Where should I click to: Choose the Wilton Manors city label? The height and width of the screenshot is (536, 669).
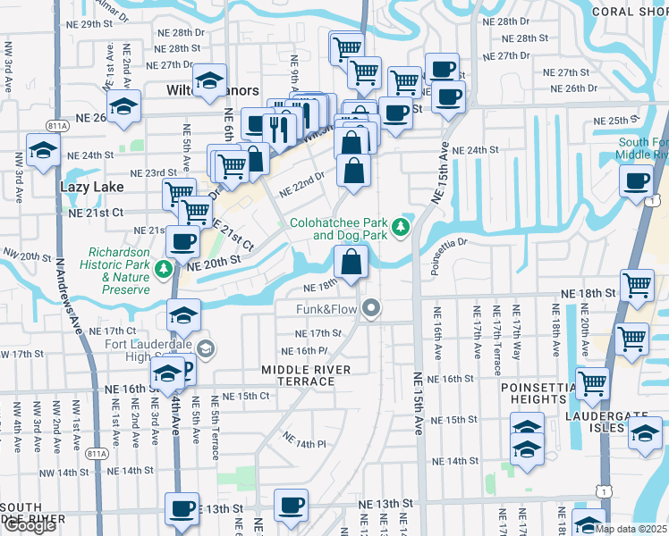213,91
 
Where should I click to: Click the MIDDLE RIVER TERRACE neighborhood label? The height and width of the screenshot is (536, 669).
298,375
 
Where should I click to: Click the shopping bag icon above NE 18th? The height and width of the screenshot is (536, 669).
351,262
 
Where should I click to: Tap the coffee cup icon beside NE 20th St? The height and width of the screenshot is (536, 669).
183,240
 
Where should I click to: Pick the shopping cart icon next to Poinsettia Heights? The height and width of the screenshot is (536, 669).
592,382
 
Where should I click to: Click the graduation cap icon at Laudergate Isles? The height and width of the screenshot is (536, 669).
643,432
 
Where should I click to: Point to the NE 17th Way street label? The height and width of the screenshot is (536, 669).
516,330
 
